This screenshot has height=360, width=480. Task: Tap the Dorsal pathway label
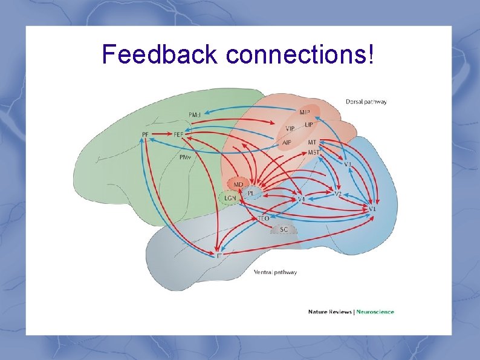[x=366, y=102]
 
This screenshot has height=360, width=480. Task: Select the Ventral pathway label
[x=275, y=272]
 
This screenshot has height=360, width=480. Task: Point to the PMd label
[x=195, y=114]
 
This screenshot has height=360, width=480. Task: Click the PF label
[x=146, y=134]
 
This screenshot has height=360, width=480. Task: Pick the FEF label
[x=179, y=134]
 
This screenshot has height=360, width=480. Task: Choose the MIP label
[x=305, y=112]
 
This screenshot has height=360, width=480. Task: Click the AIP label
[x=287, y=142]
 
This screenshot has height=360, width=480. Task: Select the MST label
[x=313, y=152]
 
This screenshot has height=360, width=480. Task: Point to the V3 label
[x=348, y=164]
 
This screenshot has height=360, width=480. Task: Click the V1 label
[x=373, y=209]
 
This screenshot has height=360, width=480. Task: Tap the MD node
[x=238, y=185]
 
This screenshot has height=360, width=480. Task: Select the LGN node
[x=230, y=198]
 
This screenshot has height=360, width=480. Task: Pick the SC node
[x=284, y=229]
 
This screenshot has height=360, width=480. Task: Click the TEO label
[x=264, y=217]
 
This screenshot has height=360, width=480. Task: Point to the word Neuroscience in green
[x=375, y=312]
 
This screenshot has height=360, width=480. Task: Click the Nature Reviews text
[x=329, y=312]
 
